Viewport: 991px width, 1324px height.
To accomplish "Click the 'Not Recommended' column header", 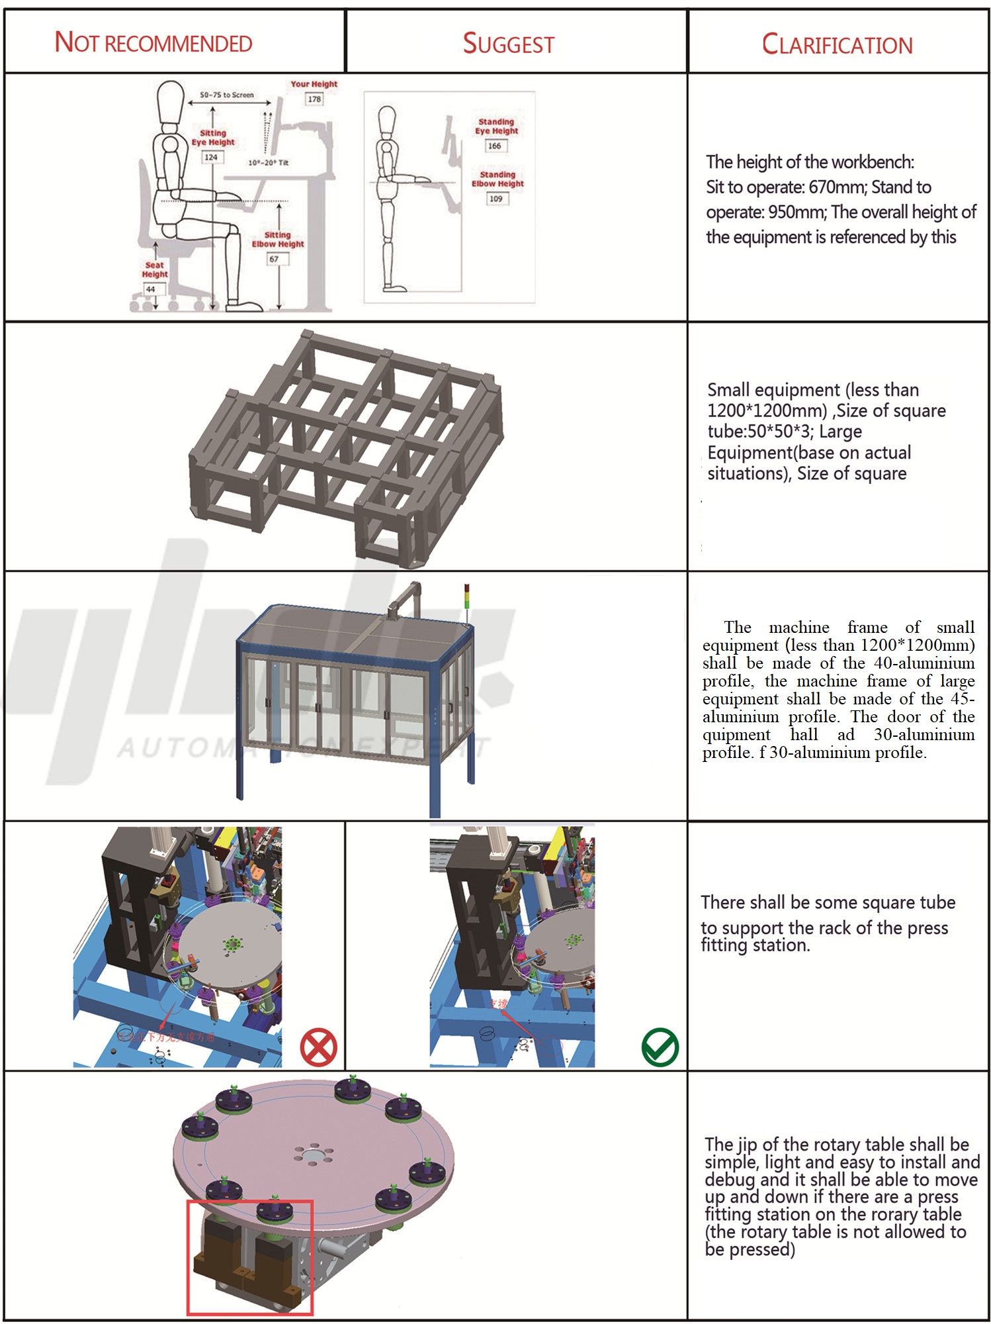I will click(x=153, y=43).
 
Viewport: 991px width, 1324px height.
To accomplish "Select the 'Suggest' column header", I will click(x=508, y=44).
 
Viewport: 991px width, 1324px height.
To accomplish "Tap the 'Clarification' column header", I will click(x=837, y=45).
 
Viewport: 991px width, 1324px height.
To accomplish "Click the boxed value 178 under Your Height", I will click(x=314, y=99).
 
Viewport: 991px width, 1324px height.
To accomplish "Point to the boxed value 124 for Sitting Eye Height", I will click(x=211, y=158).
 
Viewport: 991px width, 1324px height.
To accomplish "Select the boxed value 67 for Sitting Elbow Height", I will click(x=274, y=259).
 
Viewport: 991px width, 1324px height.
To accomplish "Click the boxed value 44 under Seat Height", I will click(x=151, y=289).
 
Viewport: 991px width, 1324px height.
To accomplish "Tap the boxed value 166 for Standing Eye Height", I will click(x=495, y=146).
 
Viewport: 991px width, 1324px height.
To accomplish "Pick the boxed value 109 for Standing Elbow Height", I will click(x=496, y=199).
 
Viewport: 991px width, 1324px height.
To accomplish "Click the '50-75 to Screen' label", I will click(x=227, y=95).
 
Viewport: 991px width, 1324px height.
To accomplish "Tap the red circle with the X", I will click(x=318, y=1047).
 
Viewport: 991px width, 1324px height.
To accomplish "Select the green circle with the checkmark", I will click(x=660, y=1047).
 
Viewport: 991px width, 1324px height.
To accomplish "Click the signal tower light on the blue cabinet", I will click(x=466, y=596).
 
